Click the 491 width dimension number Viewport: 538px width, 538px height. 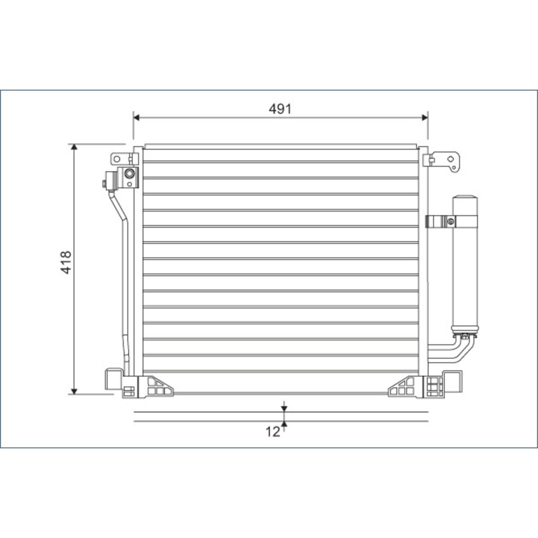(x=280, y=109)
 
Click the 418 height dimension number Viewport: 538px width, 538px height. (x=66, y=262)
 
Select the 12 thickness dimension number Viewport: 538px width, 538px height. (x=273, y=432)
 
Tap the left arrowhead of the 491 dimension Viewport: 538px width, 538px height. (x=136, y=117)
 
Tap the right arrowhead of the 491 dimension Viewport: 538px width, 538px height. (x=425, y=117)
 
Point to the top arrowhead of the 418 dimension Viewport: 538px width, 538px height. (x=74, y=147)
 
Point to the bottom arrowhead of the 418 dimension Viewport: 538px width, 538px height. (x=74, y=391)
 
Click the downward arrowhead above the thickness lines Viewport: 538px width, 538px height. (x=284, y=408)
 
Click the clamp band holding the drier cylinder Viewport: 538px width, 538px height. (x=452, y=221)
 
